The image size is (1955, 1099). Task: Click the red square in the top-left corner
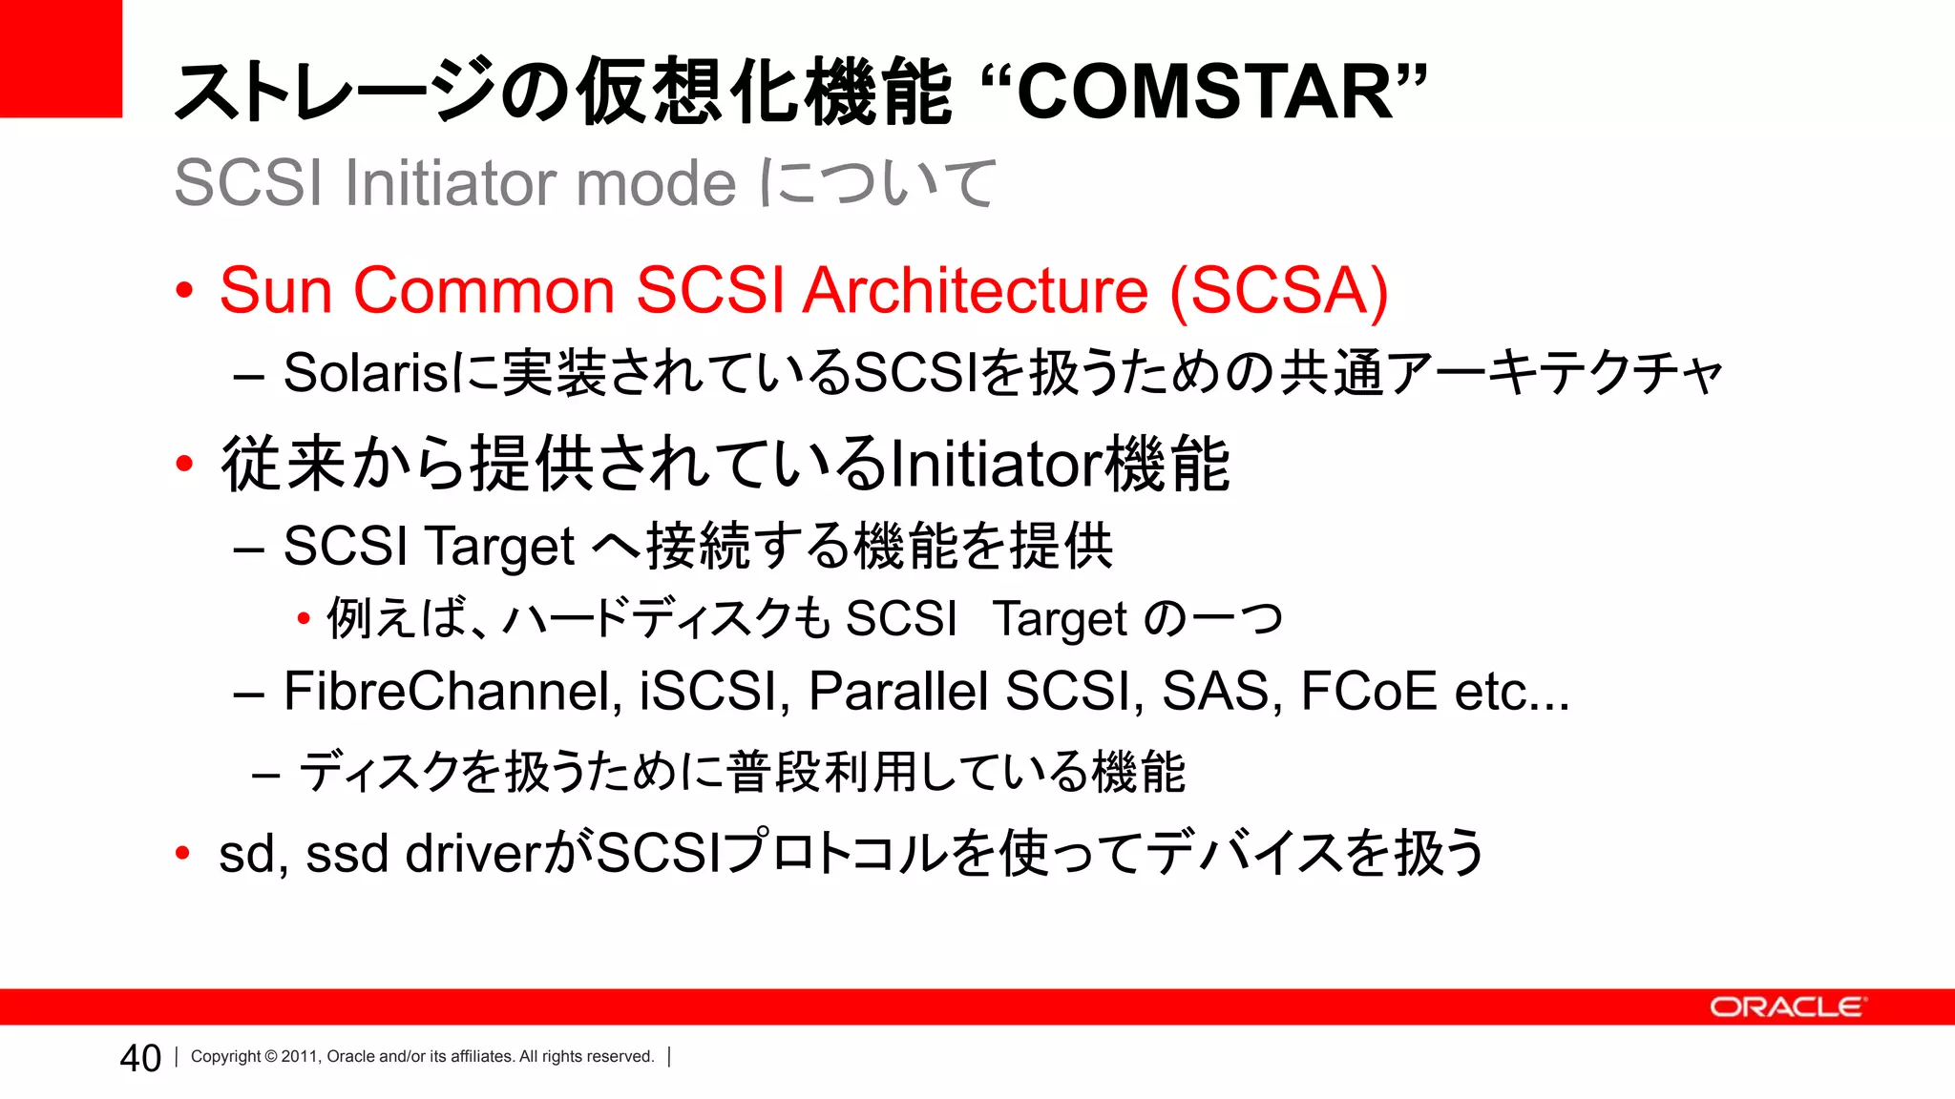pyautogui.click(x=60, y=57)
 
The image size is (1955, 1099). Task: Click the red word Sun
pyautogui.click(x=276, y=290)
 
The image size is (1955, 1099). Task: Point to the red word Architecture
pyautogui.click(x=975, y=290)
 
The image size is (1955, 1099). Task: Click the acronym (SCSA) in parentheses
pyautogui.click(x=1279, y=290)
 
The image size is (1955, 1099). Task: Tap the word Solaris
pyautogui.click(x=366, y=373)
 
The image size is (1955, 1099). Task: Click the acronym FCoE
pyautogui.click(x=1368, y=691)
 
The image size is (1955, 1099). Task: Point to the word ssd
pyautogui.click(x=347, y=854)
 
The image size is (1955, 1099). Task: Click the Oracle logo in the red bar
pyautogui.click(x=1786, y=1007)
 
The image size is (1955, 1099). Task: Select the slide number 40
pyautogui.click(x=140, y=1058)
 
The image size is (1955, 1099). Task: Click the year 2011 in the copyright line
pyautogui.click(x=299, y=1057)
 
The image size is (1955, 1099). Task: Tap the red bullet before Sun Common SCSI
pyautogui.click(x=185, y=290)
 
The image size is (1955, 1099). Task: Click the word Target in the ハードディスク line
pyautogui.click(x=1060, y=619)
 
